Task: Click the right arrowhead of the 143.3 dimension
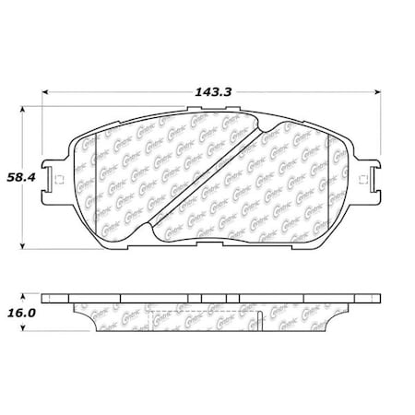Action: pyautogui.click(x=382, y=93)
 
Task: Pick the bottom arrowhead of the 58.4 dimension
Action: pyautogui.click(x=24, y=245)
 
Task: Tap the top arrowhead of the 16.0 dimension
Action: pyautogui.click(x=24, y=297)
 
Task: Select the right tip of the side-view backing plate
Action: pyautogui.click(x=379, y=302)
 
